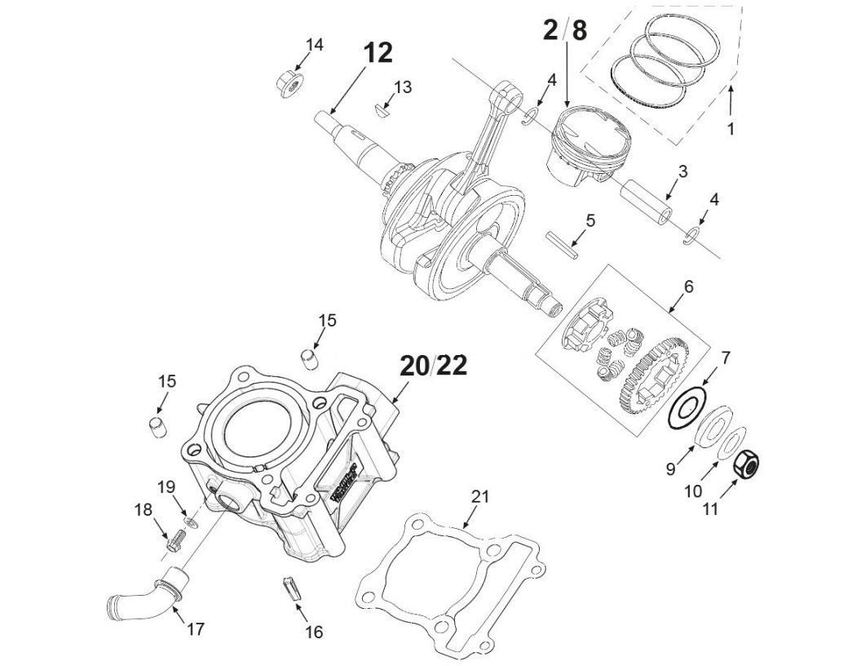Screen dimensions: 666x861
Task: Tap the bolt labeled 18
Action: [174, 540]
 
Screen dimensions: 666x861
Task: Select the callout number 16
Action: [314, 632]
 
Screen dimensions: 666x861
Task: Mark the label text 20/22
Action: [433, 366]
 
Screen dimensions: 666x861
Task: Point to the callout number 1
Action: [731, 129]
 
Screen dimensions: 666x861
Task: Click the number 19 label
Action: [166, 487]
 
